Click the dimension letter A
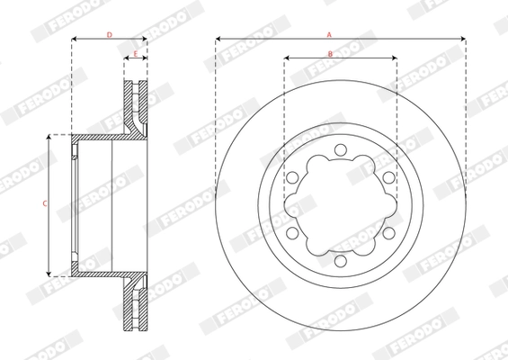pyautogui.click(x=330, y=33)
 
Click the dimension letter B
pyautogui.click(x=330, y=55)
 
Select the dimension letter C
pyautogui.click(x=45, y=204)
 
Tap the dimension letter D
pyautogui.click(x=109, y=34)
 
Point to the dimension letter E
pyautogui.click(x=135, y=55)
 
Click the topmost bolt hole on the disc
pyautogui.click(x=341, y=150)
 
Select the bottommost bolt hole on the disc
pyautogui.click(x=341, y=261)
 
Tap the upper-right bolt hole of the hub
pyautogui.click(x=388, y=178)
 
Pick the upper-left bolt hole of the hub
pyautogui.click(x=293, y=178)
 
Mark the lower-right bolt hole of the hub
pyautogui.click(x=388, y=233)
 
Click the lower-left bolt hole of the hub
pyautogui.click(x=293, y=233)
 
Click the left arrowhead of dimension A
pyautogui.click(x=218, y=40)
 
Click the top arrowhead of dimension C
pyautogui.click(x=49, y=136)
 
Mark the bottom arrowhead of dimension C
pyautogui.click(x=49, y=274)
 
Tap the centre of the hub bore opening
pyautogui.click(x=341, y=205)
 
